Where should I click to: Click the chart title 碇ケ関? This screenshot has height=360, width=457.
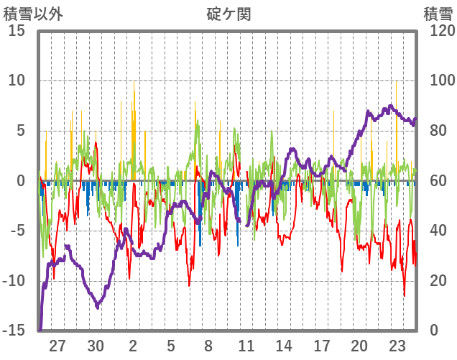[229, 14]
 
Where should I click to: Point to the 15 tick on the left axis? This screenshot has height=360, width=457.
[17, 31]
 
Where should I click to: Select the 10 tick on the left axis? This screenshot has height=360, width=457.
[17, 80]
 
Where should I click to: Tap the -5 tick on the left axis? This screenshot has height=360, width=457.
[17, 231]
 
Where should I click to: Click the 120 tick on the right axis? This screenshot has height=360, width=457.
[437, 31]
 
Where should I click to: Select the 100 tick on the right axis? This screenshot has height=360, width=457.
[437, 80]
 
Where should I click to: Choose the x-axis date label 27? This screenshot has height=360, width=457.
[57, 345]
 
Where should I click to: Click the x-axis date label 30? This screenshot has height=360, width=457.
[96, 345]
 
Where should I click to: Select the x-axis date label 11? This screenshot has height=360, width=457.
[246, 345]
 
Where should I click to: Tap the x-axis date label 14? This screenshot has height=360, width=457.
[284, 345]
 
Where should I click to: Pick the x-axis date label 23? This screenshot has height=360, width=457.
[397, 345]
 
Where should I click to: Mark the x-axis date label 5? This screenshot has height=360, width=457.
[171, 345]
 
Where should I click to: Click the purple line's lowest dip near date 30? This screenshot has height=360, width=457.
[98, 307]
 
